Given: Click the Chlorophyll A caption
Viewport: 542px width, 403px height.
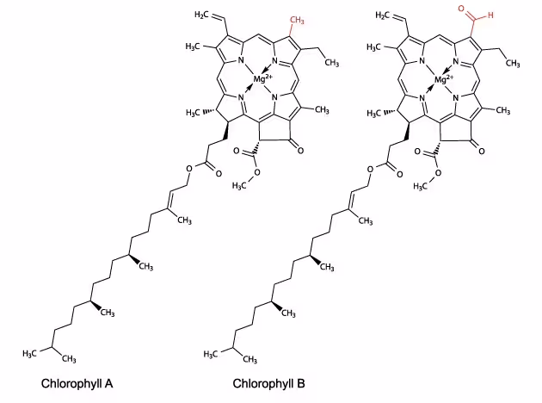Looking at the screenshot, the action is click(x=77, y=384).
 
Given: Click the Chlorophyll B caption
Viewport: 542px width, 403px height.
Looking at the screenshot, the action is click(x=268, y=384).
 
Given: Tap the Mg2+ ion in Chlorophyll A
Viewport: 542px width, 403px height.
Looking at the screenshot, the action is click(x=262, y=79).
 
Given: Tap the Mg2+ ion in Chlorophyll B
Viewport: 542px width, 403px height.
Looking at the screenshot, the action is click(x=444, y=79).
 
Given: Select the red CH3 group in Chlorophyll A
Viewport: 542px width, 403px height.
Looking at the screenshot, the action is click(x=297, y=21).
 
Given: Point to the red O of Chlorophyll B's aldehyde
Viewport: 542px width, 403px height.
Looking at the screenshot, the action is click(x=461, y=9).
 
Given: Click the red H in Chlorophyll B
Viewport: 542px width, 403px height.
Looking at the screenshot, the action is click(x=490, y=15).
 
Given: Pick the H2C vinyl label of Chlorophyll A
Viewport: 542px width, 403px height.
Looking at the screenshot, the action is click(x=202, y=14).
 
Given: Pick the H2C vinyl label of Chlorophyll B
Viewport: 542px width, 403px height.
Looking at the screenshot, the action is click(x=383, y=15).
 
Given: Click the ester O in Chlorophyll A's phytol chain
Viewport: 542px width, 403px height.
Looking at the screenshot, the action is click(x=189, y=169).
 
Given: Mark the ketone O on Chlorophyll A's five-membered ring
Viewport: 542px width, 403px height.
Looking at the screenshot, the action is click(x=300, y=151).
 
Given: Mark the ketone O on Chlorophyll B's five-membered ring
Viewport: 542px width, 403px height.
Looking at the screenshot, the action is click(x=482, y=151).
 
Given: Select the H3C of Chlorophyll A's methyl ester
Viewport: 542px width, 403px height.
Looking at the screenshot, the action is click(x=239, y=186).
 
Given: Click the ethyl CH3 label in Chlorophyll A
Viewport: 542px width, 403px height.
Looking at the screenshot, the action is click(x=332, y=63).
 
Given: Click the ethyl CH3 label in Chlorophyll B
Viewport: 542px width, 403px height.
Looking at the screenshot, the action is click(x=513, y=63).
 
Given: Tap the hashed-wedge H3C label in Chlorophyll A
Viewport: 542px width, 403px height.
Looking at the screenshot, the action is click(x=194, y=113).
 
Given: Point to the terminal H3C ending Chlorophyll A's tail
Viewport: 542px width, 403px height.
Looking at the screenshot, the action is click(x=30, y=353).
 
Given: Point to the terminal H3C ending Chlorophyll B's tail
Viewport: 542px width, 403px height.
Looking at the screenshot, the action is click(x=211, y=354).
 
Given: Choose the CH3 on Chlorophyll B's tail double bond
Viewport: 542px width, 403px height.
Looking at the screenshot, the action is click(x=366, y=220).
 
